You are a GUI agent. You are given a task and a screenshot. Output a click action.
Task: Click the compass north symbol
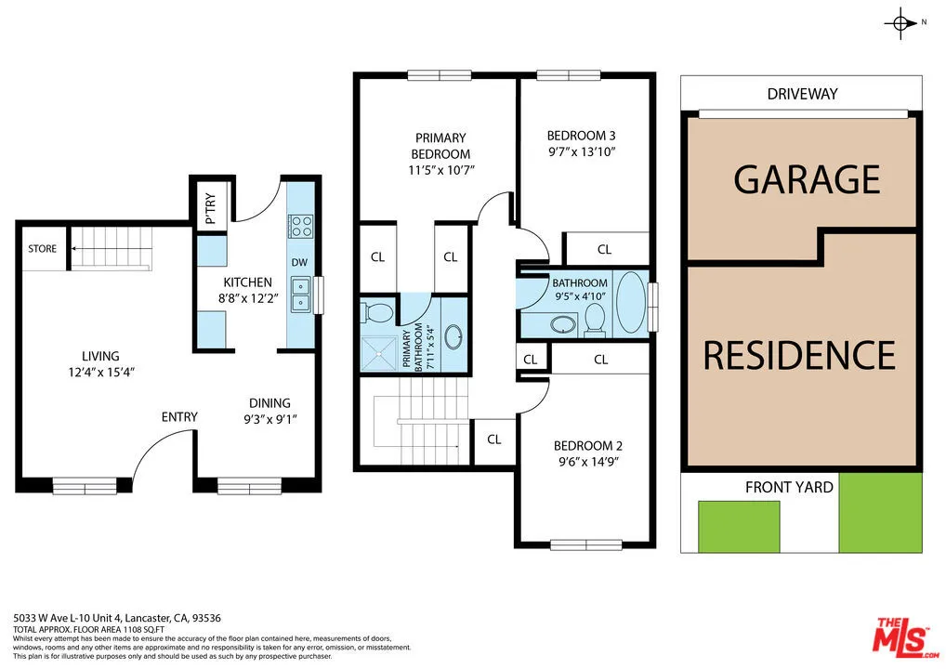900,23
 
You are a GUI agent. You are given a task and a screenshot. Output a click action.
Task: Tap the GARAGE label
807,179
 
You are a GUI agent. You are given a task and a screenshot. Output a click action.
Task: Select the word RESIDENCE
799,355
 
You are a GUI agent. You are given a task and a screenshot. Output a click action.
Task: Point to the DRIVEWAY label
802,94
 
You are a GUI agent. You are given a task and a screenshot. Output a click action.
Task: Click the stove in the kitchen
301,226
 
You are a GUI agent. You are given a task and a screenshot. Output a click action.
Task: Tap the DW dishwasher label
299,262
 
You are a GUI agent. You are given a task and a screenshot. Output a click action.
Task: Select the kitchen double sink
300,295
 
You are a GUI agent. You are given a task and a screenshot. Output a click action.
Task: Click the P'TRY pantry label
211,209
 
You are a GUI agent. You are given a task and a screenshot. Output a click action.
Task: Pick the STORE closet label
42,248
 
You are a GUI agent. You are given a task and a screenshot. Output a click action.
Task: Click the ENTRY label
179,417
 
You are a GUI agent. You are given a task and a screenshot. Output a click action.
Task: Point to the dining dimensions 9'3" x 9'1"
270,419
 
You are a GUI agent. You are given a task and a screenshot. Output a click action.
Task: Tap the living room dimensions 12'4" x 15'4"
100,373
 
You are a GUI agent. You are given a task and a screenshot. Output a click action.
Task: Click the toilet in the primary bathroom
377,312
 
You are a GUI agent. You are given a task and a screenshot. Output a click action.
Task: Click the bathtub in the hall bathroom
631,302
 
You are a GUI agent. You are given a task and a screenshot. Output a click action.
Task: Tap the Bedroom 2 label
587,446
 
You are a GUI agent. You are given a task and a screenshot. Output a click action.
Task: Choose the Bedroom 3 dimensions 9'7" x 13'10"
582,152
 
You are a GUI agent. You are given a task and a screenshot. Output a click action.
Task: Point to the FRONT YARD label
789,488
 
